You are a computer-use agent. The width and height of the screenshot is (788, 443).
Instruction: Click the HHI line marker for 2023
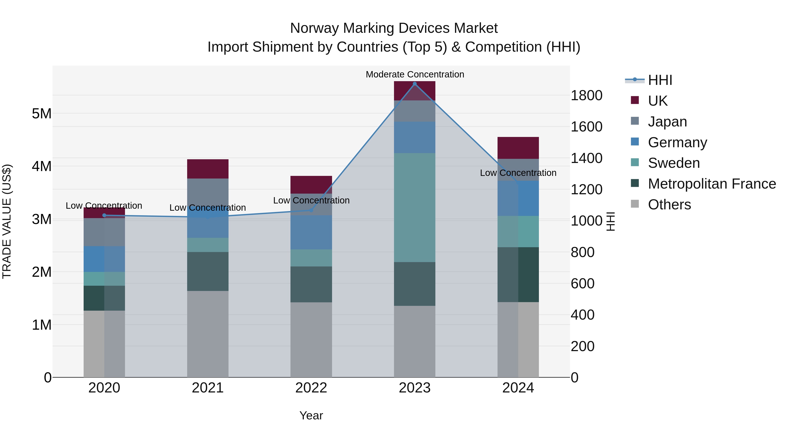pyautogui.click(x=415, y=84)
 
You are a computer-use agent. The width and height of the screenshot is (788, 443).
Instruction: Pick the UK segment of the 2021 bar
pyautogui.click(x=208, y=169)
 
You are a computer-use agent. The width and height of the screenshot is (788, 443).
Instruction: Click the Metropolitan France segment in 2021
pyautogui.click(x=208, y=271)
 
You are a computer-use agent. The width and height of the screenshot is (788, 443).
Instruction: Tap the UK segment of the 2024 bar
pyautogui.click(x=518, y=148)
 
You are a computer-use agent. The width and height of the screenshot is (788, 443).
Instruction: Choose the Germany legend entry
pyautogui.click(x=677, y=142)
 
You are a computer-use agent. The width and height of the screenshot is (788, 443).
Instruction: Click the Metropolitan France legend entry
pyautogui.click(x=712, y=184)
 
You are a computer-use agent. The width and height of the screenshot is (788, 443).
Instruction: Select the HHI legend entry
pyautogui.click(x=660, y=80)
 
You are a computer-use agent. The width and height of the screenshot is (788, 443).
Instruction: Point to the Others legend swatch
pyautogui.click(x=635, y=204)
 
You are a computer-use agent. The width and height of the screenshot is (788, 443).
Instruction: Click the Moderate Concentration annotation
pyautogui.click(x=415, y=74)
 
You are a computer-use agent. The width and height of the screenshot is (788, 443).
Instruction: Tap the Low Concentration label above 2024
pyautogui.click(x=518, y=173)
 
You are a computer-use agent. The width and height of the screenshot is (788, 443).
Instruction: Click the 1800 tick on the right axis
pyautogui.click(x=586, y=95)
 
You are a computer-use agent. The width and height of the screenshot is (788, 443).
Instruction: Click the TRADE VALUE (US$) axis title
pyautogui.click(x=7, y=221)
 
